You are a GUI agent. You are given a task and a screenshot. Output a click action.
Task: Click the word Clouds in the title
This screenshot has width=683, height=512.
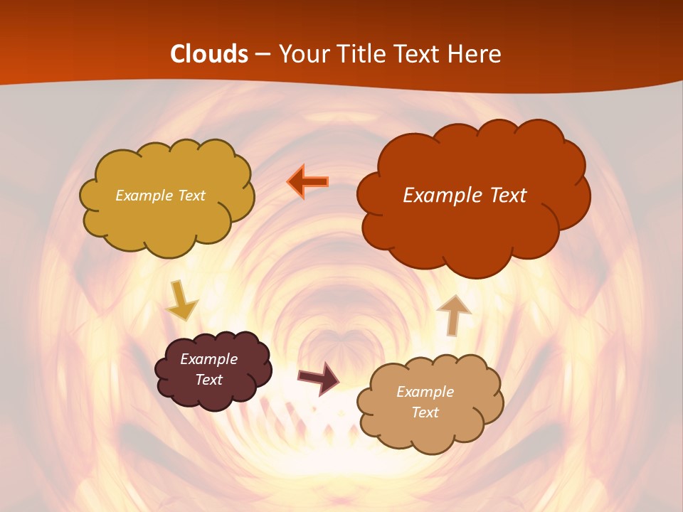(x=209, y=54)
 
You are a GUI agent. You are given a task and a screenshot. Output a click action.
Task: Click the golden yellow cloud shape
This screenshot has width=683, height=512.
(x=166, y=220)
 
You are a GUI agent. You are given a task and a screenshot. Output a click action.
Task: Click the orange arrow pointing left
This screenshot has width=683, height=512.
(x=308, y=182)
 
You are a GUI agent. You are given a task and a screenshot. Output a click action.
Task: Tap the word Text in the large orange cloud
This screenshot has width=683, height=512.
(x=505, y=196)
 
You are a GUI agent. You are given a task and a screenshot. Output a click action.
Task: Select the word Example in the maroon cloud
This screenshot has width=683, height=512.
(x=209, y=359)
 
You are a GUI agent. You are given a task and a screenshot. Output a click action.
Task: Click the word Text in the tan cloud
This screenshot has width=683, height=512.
(x=425, y=412)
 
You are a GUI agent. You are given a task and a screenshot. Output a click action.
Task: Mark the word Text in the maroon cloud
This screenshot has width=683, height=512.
(x=209, y=380)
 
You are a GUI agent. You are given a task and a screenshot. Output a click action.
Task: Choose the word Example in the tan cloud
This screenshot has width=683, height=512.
(x=425, y=392)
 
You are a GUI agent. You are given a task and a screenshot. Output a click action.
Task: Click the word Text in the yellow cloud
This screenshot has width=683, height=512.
(x=191, y=196)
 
